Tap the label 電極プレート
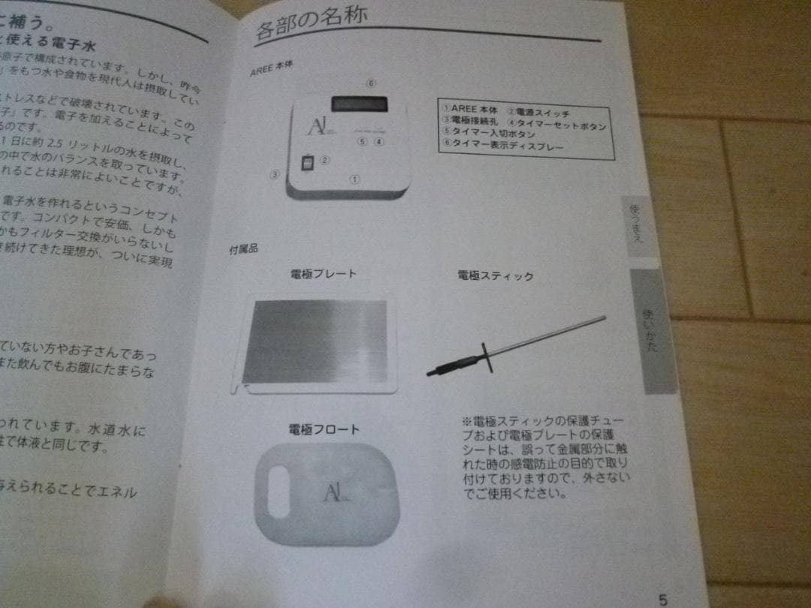point(323,274)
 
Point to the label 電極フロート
point(324,429)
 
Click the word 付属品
point(243,249)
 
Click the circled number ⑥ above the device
point(370,83)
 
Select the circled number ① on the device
point(354,179)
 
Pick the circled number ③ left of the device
point(275,175)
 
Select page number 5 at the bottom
point(662,599)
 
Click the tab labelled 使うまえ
point(636,226)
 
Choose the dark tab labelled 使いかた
point(650,330)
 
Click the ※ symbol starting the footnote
point(466,421)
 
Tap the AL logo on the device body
point(316,127)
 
